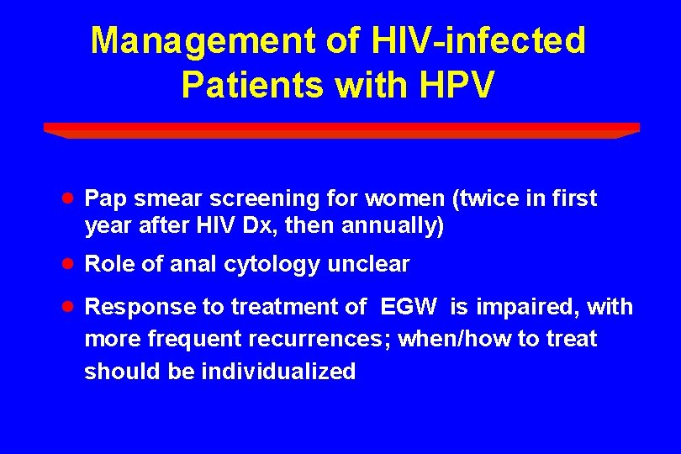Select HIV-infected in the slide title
[474, 41]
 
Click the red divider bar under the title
[340, 129]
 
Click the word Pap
[105, 199]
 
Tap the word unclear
[369, 265]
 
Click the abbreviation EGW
[409, 308]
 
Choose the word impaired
[525, 308]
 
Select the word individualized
[278, 372]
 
